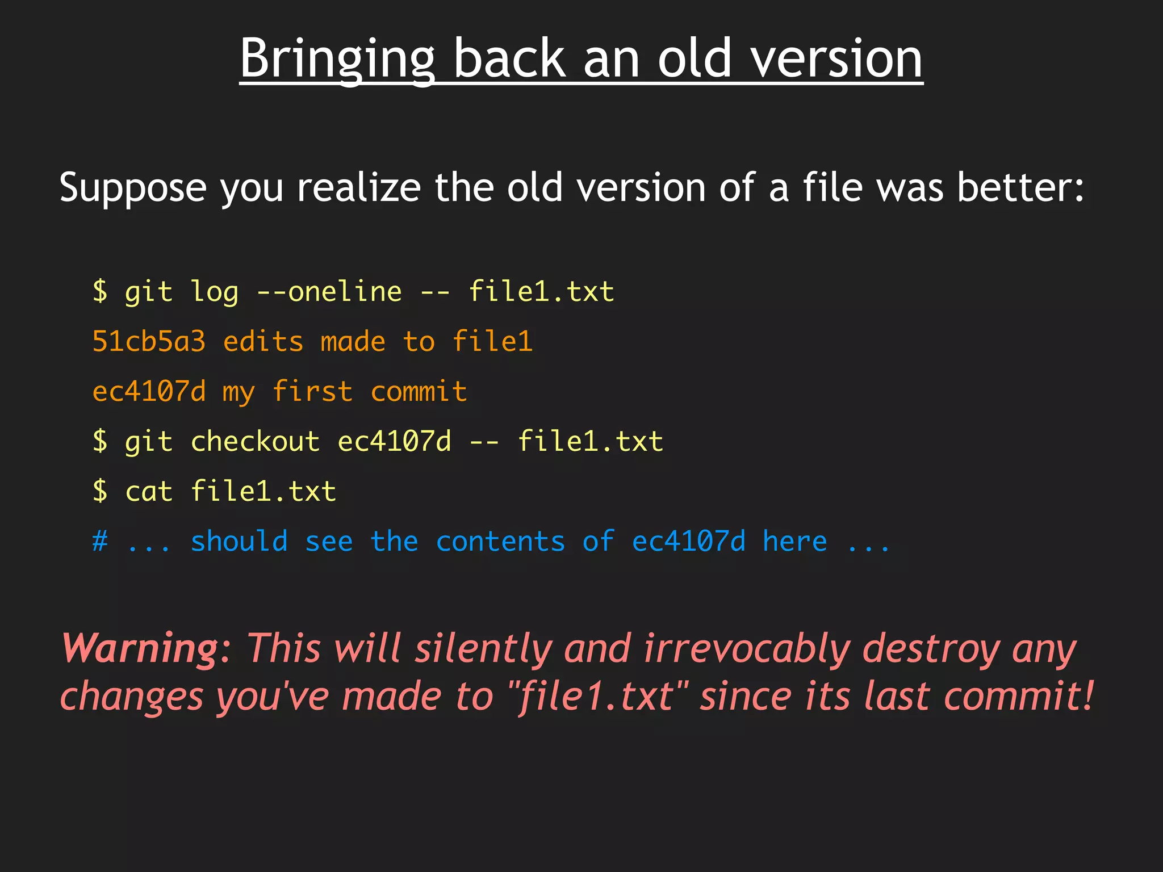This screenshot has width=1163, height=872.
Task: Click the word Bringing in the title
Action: pyautogui.click(x=337, y=60)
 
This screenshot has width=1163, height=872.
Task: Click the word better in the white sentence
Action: pyautogui.click(x=1020, y=187)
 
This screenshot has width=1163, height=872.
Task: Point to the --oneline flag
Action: pyautogui.click(x=329, y=292)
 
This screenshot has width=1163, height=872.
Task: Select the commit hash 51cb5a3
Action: pyautogui.click(x=149, y=342)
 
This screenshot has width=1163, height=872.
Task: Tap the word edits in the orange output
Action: pyautogui.click(x=263, y=342)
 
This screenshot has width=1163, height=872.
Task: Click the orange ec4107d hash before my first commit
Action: pyautogui.click(x=149, y=392)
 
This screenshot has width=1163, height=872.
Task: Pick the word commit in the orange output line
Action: pyautogui.click(x=419, y=392)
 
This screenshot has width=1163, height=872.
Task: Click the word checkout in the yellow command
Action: pyautogui.click(x=255, y=442)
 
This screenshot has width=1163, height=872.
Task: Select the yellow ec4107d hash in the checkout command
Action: pyautogui.click(x=394, y=442)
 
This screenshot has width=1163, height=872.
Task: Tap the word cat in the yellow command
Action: pyautogui.click(x=149, y=492)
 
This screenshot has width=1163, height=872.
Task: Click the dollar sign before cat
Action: pyautogui.click(x=100, y=492)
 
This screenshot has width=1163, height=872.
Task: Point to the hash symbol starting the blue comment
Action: pyautogui.click(x=100, y=542)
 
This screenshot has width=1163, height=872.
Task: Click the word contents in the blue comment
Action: pyautogui.click(x=500, y=542)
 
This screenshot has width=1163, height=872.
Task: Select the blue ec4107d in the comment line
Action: pyautogui.click(x=688, y=542)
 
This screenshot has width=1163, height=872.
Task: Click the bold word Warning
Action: pyautogui.click(x=140, y=648)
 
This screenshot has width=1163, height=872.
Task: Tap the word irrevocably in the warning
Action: pyautogui.click(x=747, y=648)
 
